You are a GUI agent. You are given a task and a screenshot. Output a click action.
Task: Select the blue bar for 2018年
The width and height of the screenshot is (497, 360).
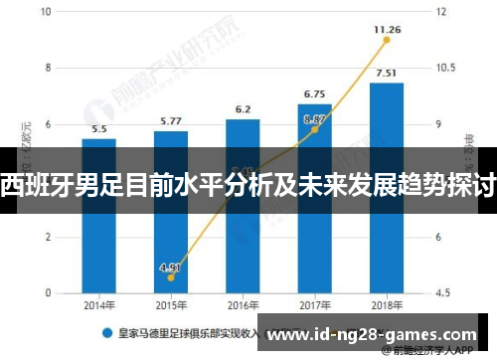pyautogui.click(x=387, y=188)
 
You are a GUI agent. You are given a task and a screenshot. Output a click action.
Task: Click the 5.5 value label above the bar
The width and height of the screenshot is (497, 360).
pyautogui.click(x=98, y=129)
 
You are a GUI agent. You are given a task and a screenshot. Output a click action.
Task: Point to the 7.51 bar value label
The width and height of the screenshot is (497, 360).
pyautogui.click(x=387, y=72)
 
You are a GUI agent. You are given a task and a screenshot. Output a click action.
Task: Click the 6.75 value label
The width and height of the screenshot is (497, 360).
pyautogui.click(x=314, y=93)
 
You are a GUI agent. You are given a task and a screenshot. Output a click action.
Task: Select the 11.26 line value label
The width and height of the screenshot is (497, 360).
pyautogui.click(x=387, y=30)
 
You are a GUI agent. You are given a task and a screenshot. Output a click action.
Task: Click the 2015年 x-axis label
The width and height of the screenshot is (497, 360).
pyautogui.click(x=170, y=305)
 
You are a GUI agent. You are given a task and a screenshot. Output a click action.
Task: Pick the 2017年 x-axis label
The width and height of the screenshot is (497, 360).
pyautogui.click(x=314, y=305)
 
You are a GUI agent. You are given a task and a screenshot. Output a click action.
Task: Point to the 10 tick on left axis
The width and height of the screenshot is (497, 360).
pyautogui.click(x=48, y=12)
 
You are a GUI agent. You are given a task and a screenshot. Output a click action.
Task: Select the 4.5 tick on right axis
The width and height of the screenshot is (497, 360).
pyautogui.click(x=442, y=293)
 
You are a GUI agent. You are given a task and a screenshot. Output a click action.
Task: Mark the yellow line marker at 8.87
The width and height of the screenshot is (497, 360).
pyautogui.click(x=314, y=129)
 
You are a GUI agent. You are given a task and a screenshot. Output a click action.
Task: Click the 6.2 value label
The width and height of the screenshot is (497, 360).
pyautogui.click(x=243, y=108)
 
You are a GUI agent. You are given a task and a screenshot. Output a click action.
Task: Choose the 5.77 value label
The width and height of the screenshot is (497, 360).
pyautogui.click(x=170, y=121)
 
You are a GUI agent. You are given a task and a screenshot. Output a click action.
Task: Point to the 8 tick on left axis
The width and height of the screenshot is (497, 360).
pyautogui.click(x=48, y=68)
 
